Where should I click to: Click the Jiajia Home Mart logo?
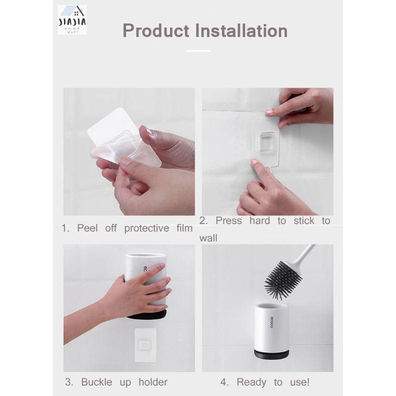[72, 19]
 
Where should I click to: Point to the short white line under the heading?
[198, 50]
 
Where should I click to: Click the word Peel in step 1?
[87, 228]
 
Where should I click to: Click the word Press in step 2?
[228, 220]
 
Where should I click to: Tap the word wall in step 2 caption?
[208, 238]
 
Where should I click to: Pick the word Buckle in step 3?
[100, 382]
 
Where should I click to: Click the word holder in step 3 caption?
[153, 382]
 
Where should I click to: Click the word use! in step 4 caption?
[299, 382]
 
